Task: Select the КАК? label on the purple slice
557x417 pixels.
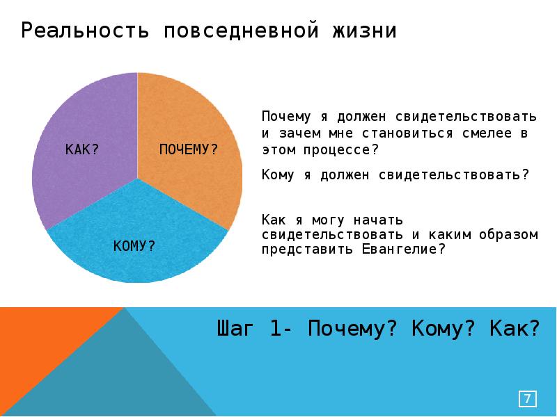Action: pyautogui.click(x=81, y=149)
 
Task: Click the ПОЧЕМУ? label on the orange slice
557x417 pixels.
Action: pyautogui.click(x=189, y=149)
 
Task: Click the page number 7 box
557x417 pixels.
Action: pyautogui.click(x=528, y=399)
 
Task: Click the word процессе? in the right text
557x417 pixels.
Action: pyautogui.click(x=340, y=149)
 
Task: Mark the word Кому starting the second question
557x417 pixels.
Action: pyautogui.click(x=278, y=174)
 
